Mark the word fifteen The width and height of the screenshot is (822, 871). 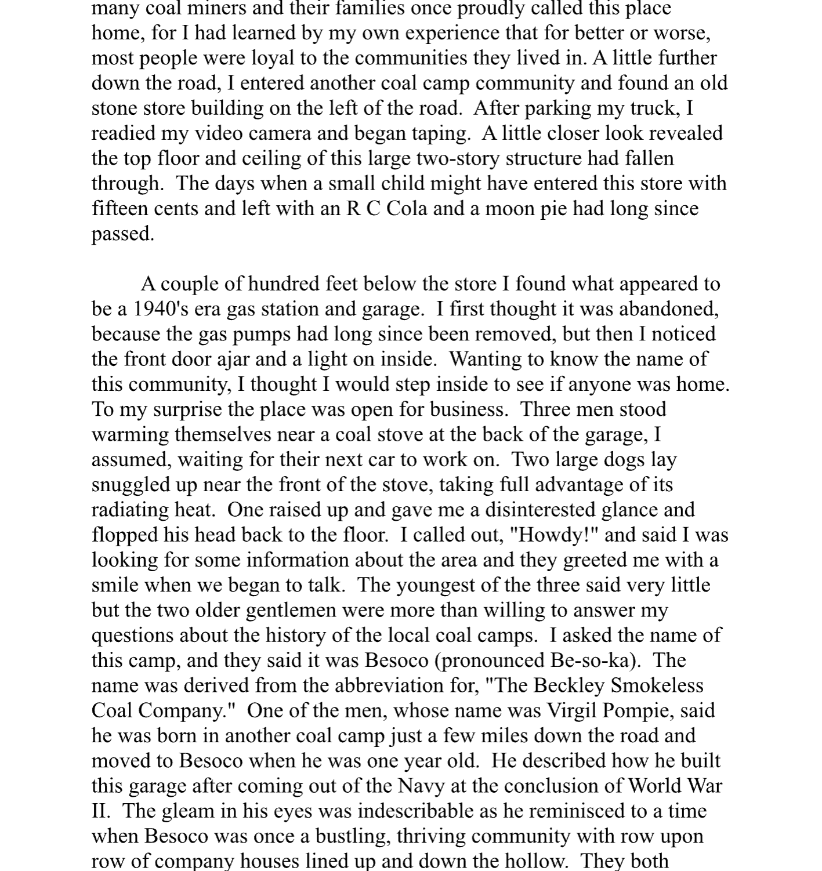tap(120, 209)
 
